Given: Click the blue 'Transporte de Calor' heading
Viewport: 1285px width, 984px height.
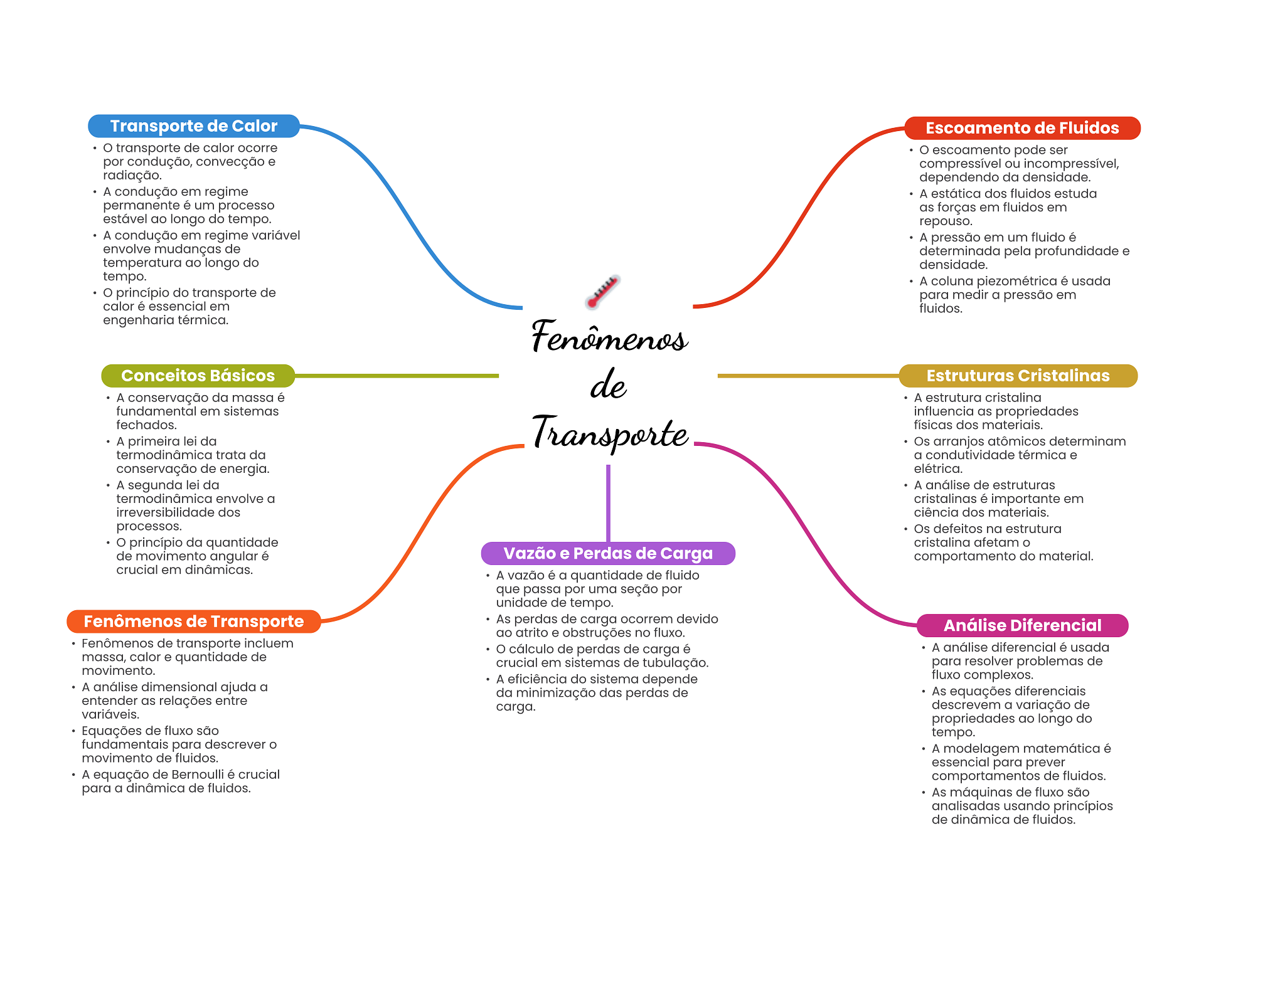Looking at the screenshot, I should click(193, 126).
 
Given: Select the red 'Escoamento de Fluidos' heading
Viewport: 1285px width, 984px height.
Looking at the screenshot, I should click(1021, 128).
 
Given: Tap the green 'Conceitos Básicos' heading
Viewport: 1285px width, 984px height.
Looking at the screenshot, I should click(198, 376).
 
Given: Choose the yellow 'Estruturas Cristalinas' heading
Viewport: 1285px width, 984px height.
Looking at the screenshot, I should click(1018, 376).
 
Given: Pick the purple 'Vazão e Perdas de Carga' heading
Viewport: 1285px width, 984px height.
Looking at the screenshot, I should click(607, 553).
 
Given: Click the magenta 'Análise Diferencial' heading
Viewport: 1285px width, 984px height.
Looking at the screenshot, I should click(1022, 625).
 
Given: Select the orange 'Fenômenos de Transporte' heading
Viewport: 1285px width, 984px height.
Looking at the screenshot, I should click(193, 622).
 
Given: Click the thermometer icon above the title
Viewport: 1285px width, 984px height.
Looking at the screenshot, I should click(602, 292).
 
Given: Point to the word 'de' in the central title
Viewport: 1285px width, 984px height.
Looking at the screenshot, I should click(608, 385).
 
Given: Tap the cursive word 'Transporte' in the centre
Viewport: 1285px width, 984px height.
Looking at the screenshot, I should click(610, 433).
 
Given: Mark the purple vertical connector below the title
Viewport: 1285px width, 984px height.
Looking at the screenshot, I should click(608, 502).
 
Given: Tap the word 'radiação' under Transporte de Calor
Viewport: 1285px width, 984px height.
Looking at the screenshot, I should click(132, 176).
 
